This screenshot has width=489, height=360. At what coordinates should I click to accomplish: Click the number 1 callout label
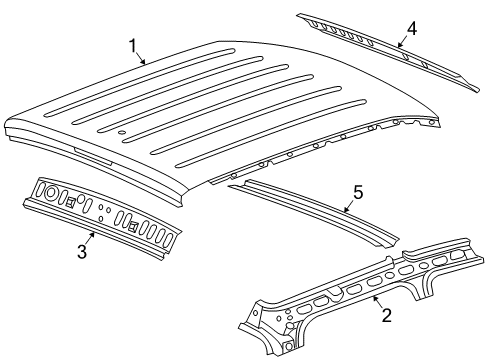[132, 45]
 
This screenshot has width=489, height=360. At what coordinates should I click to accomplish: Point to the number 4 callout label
[411, 29]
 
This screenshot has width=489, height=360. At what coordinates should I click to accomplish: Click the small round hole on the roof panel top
[121, 132]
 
